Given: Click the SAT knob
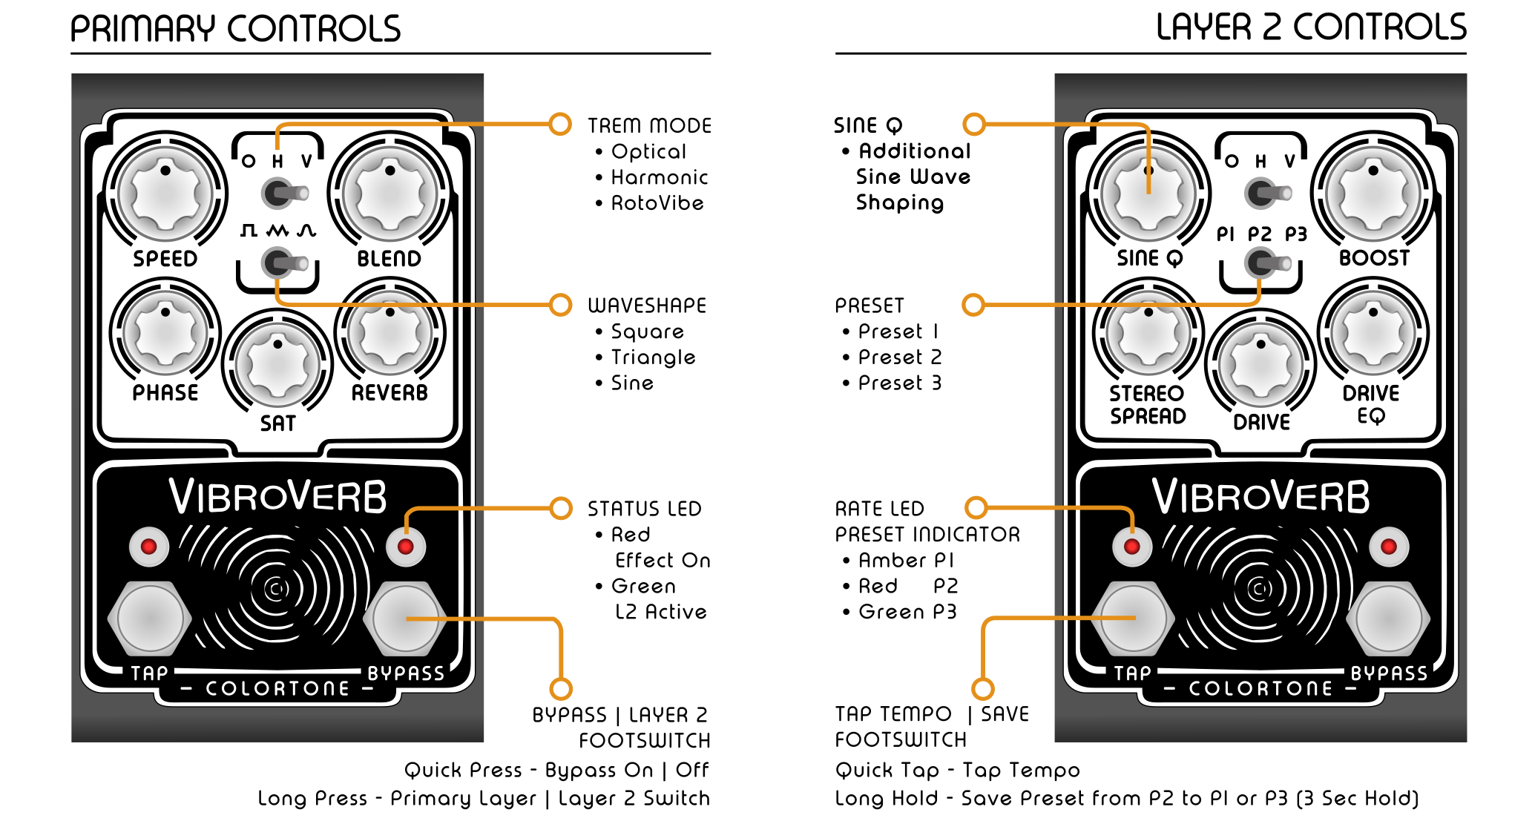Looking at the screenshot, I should click(x=277, y=365).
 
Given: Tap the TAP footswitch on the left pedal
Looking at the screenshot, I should click(x=150, y=618).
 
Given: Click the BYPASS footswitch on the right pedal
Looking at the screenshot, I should click(x=1389, y=618).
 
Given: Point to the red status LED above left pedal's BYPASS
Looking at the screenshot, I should click(x=406, y=547).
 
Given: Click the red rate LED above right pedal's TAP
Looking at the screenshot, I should click(x=1132, y=547).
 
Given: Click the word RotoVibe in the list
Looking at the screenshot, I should click(x=657, y=203).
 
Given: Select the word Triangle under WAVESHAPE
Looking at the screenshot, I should click(x=653, y=357).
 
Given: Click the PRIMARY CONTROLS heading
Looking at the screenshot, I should click(x=235, y=30).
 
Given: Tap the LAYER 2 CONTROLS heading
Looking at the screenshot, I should click(x=1311, y=28).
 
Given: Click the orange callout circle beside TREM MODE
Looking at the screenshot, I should click(x=560, y=124).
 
